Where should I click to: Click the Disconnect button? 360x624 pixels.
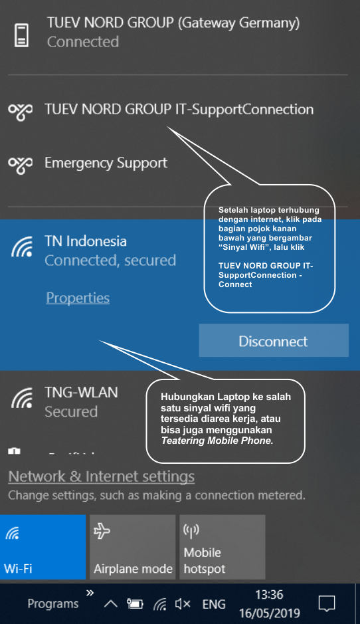[x=274, y=340]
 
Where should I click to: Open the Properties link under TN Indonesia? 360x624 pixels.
[x=78, y=298]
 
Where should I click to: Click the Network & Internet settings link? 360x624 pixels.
[x=102, y=476]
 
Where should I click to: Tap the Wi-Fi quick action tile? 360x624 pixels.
[x=43, y=547]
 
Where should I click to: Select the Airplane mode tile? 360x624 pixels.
[x=132, y=547]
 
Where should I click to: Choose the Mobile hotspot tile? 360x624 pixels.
[x=223, y=547]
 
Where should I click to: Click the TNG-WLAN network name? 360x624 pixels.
[x=81, y=392]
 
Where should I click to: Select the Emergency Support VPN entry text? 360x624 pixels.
[x=106, y=163]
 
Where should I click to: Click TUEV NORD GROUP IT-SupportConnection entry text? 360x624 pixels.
[x=179, y=110]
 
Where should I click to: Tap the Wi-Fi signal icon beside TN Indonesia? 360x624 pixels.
[x=22, y=247]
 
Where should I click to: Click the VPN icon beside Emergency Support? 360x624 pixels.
[x=21, y=164]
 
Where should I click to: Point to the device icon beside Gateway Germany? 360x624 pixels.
[x=21, y=35]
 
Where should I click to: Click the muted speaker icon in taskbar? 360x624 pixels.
[x=183, y=604]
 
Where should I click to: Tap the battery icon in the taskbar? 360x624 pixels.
[x=135, y=604]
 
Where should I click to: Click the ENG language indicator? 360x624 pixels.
[x=214, y=604]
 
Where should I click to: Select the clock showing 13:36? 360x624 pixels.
[x=269, y=595]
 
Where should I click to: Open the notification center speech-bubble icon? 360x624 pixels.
[x=327, y=603]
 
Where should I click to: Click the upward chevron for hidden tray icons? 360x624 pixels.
[x=110, y=604]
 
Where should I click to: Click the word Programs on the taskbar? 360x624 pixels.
[x=53, y=604]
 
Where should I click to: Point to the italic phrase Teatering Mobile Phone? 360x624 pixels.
[x=217, y=441]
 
